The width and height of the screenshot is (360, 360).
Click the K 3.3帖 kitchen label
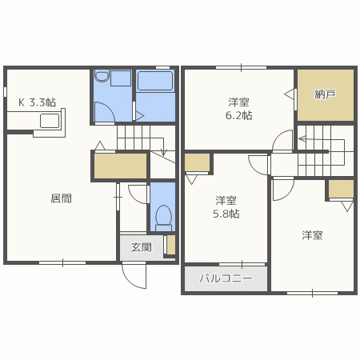point(37,102)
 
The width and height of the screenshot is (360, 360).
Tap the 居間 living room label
point(61,198)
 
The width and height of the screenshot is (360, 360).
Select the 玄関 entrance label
point(141,247)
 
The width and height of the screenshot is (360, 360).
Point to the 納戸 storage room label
point(325,94)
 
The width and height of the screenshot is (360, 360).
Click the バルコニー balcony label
point(226,278)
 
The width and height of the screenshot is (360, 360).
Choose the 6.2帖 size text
point(238,116)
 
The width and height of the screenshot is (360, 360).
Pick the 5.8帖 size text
point(226,214)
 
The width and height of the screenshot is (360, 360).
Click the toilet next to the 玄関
point(163,218)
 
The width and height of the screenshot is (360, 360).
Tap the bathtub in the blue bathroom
point(155,81)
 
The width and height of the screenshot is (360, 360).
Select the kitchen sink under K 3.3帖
point(50,121)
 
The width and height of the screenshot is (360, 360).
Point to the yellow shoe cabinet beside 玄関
point(171,245)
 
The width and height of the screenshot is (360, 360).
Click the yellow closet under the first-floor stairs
point(121,166)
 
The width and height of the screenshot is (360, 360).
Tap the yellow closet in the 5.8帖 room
point(197,162)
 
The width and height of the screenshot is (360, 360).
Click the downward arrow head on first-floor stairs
point(163,153)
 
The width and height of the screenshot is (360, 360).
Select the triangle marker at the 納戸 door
point(289,94)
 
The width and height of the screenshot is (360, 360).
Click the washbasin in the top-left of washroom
point(102,75)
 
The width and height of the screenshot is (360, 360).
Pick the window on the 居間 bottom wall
point(62,263)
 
